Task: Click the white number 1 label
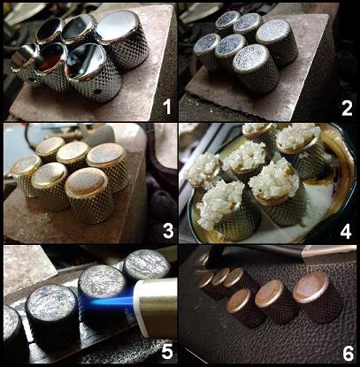tap(167, 106)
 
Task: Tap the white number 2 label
tap(347, 109)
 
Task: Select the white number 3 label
tap(168, 232)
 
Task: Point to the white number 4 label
tap(346, 231)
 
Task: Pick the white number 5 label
tap(167, 352)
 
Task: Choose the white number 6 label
tap(348, 353)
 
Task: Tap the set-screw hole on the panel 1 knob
tap(96, 91)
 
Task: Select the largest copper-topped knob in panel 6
tap(317, 296)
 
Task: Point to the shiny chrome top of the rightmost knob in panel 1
tap(118, 26)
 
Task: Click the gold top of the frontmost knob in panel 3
tap(86, 181)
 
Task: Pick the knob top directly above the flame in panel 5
tap(102, 279)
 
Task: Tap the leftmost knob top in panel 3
tap(26, 166)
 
